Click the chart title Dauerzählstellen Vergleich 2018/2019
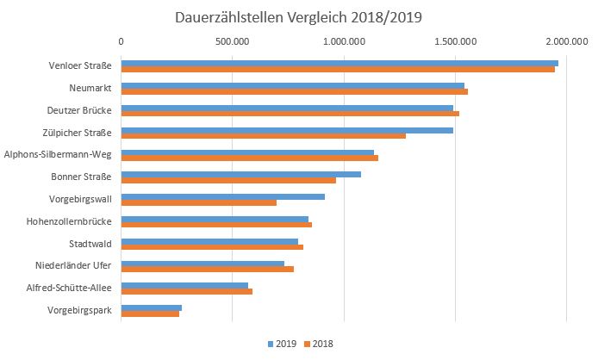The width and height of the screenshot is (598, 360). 299,16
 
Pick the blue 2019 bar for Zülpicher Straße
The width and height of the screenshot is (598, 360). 287,130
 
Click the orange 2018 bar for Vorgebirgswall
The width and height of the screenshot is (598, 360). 198,202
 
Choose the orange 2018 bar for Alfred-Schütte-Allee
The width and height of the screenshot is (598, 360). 186,291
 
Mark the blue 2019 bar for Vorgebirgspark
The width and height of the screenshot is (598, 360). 151,307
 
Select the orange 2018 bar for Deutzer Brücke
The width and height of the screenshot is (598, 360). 290,113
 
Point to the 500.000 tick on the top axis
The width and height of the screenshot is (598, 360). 233,40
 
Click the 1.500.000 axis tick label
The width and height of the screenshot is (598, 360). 455,40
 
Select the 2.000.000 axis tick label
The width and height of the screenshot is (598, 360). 566,40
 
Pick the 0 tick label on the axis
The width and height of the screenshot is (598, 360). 121,40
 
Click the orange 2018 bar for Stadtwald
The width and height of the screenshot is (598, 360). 212,247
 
